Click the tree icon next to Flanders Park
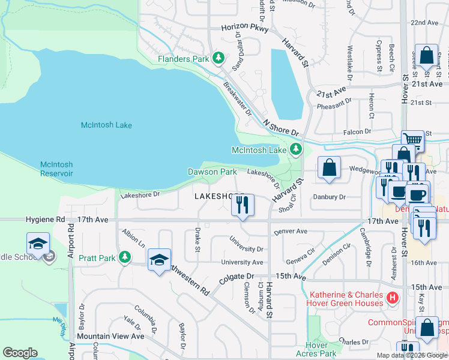point(219,58)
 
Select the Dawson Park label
point(212,172)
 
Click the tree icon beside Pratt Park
point(124,257)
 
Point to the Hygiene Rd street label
point(44,220)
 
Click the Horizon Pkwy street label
point(244,28)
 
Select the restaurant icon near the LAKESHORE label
point(243,205)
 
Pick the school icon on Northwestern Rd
point(159,260)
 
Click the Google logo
point(20,353)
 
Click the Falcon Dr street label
point(358,131)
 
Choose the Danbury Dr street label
point(330,197)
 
